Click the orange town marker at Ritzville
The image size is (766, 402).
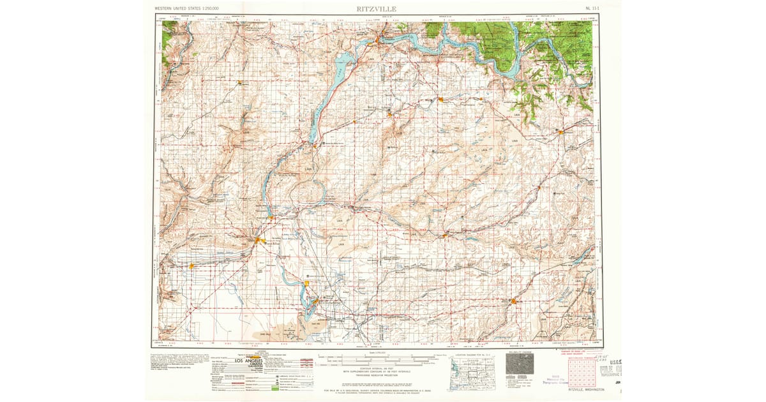point(514,301)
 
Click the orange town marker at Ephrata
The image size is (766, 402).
point(258,240)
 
